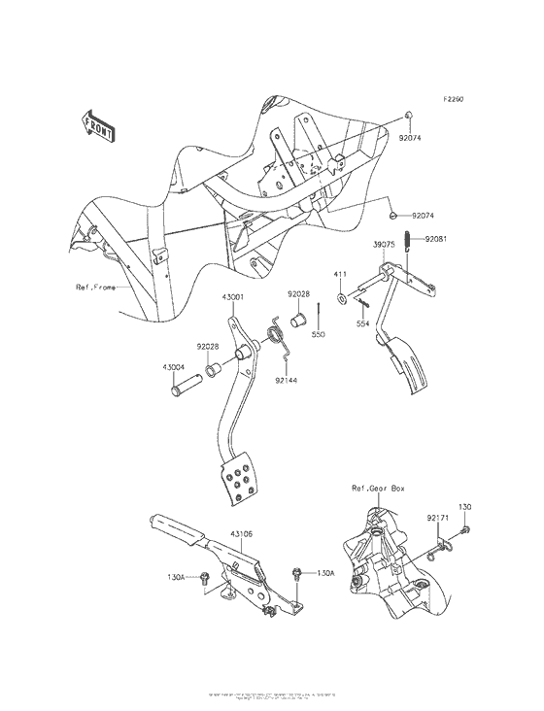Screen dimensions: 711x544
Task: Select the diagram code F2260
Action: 457,99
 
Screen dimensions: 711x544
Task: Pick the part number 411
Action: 342,276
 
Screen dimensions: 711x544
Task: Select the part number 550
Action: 318,334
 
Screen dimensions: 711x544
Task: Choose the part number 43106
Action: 243,532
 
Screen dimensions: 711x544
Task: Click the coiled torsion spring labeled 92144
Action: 275,335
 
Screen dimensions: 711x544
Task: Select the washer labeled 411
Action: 343,295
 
